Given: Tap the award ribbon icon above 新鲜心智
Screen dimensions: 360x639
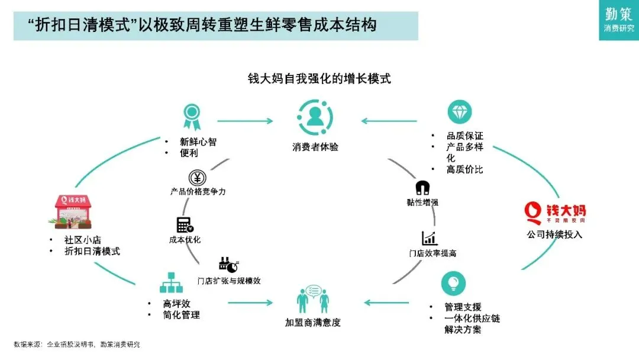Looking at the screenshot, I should (191, 116).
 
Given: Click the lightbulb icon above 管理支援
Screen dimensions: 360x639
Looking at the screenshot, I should (453, 282).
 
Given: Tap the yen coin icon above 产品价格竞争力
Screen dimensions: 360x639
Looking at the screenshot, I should (197, 177).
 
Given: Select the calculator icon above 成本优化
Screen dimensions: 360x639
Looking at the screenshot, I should (185, 225).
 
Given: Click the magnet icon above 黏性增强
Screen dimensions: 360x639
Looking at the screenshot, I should (422, 188).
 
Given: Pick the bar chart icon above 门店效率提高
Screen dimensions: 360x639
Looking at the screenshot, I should (430, 238).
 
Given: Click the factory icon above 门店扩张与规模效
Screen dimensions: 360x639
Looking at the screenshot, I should (228, 265).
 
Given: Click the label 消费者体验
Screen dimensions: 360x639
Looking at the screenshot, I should (315, 147).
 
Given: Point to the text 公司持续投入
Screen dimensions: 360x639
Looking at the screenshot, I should (554, 234).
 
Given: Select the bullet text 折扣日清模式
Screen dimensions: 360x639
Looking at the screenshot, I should (92, 251).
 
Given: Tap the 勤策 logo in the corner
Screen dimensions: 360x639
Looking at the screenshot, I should (618, 19).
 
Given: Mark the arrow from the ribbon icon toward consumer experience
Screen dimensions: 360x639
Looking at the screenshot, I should (245, 121).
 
